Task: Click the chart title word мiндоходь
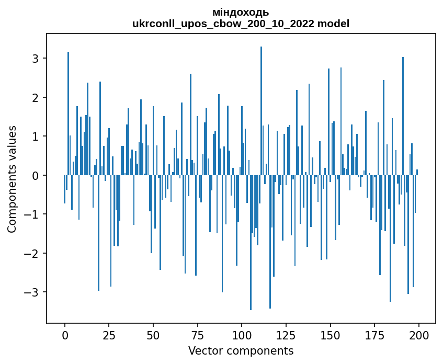241,12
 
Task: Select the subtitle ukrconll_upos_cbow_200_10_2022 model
241,24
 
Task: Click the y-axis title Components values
12,179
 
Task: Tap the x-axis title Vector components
241,350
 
